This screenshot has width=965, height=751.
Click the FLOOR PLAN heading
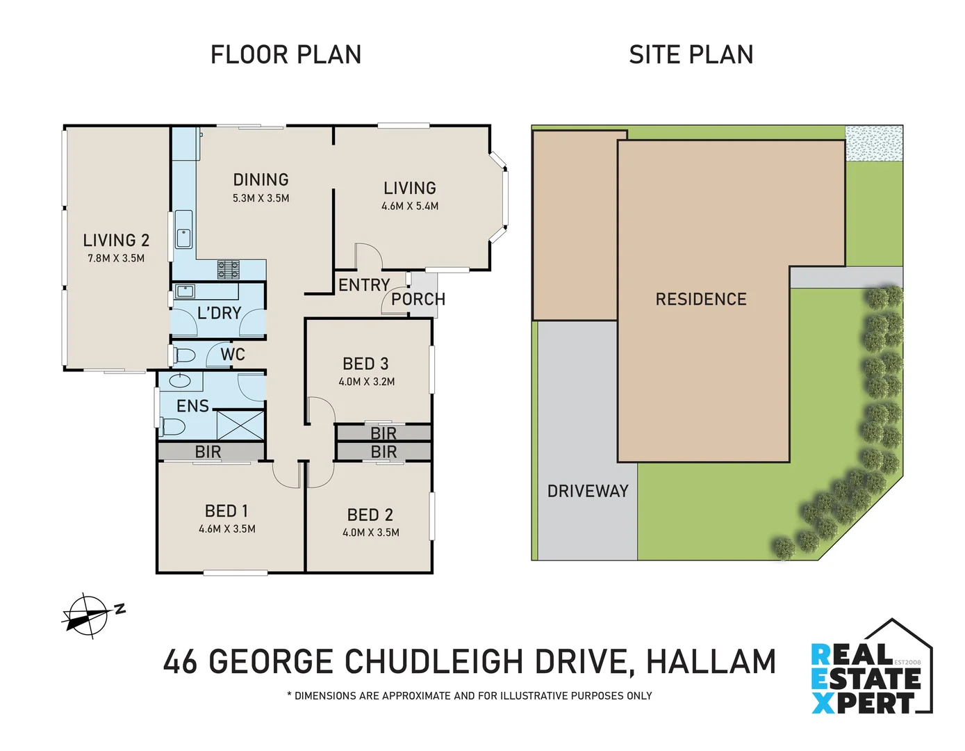pos(286,55)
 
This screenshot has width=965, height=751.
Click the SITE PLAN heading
pos(691,55)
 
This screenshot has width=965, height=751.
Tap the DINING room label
pos(261,180)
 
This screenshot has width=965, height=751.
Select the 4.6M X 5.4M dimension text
pos(410,207)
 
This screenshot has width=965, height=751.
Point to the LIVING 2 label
pos(116,241)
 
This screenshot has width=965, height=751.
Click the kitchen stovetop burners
pos(229,269)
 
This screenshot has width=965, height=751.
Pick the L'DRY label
pos(219,314)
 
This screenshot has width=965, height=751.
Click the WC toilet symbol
pos(184,355)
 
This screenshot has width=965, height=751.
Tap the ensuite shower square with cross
pos(240,425)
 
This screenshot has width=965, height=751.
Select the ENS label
pos(192,406)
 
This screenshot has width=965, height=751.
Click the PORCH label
pos(418,300)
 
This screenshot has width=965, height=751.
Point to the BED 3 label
pos(365,364)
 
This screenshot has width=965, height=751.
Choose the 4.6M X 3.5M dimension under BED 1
pos(227,529)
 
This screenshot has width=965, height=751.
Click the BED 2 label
pos(370,515)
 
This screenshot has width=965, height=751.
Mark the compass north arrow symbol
pos(87,615)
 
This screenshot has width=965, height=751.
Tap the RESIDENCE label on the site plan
pos(701,300)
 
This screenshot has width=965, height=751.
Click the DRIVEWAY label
pos(588,492)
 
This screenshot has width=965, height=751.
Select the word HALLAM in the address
pos(711,662)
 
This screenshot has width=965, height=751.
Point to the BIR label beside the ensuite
pos(208,452)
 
